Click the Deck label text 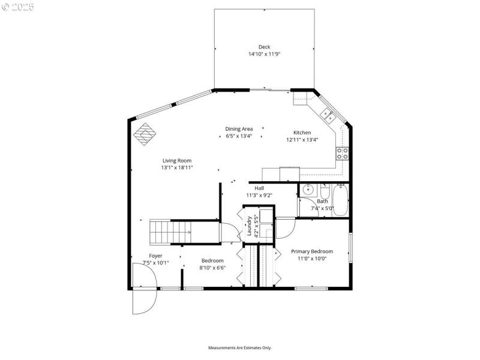(264, 47)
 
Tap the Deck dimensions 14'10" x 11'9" (265, 54)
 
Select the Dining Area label (239, 129)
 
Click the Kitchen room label (302, 133)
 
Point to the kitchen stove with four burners (343, 153)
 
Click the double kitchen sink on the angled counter (328, 113)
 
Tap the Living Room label (176, 160)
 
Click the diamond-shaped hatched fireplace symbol (144, 134)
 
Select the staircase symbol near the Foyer (170, 232)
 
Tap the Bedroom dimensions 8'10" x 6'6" (212, 268)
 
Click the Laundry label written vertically (248, 226)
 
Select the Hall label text (259, 188)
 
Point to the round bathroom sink (308, 190)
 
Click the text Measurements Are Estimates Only (240, 347)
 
